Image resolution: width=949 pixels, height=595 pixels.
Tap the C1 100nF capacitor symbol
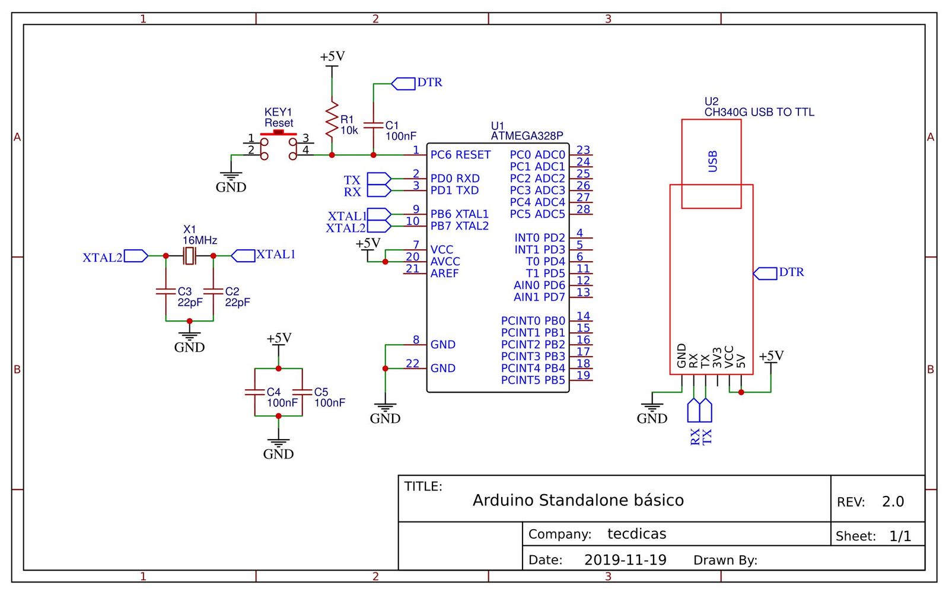[373, 125]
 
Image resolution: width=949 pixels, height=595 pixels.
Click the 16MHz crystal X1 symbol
[189, 256]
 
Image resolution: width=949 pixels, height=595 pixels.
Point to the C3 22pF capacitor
[166, 291]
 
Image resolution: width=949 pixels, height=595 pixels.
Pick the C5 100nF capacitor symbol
[302, 392]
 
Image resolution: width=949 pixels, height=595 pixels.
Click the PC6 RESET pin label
[460, 155]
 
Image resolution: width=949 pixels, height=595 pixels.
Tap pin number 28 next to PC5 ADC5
[583, 209]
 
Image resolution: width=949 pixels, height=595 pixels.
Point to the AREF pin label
[444, 273]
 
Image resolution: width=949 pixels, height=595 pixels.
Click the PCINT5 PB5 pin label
[533, 380]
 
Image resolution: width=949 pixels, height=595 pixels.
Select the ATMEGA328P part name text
[527, 136]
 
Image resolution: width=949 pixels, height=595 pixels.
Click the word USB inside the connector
[712, 161]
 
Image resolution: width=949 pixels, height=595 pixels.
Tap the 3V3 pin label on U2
[717, 358]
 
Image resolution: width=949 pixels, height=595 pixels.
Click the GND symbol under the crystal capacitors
[189, 339]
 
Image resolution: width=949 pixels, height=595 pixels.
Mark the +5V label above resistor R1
[332, 56]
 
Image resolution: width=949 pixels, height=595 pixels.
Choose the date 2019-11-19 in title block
[625, 560]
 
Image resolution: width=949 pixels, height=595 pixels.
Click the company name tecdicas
[636, 534]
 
